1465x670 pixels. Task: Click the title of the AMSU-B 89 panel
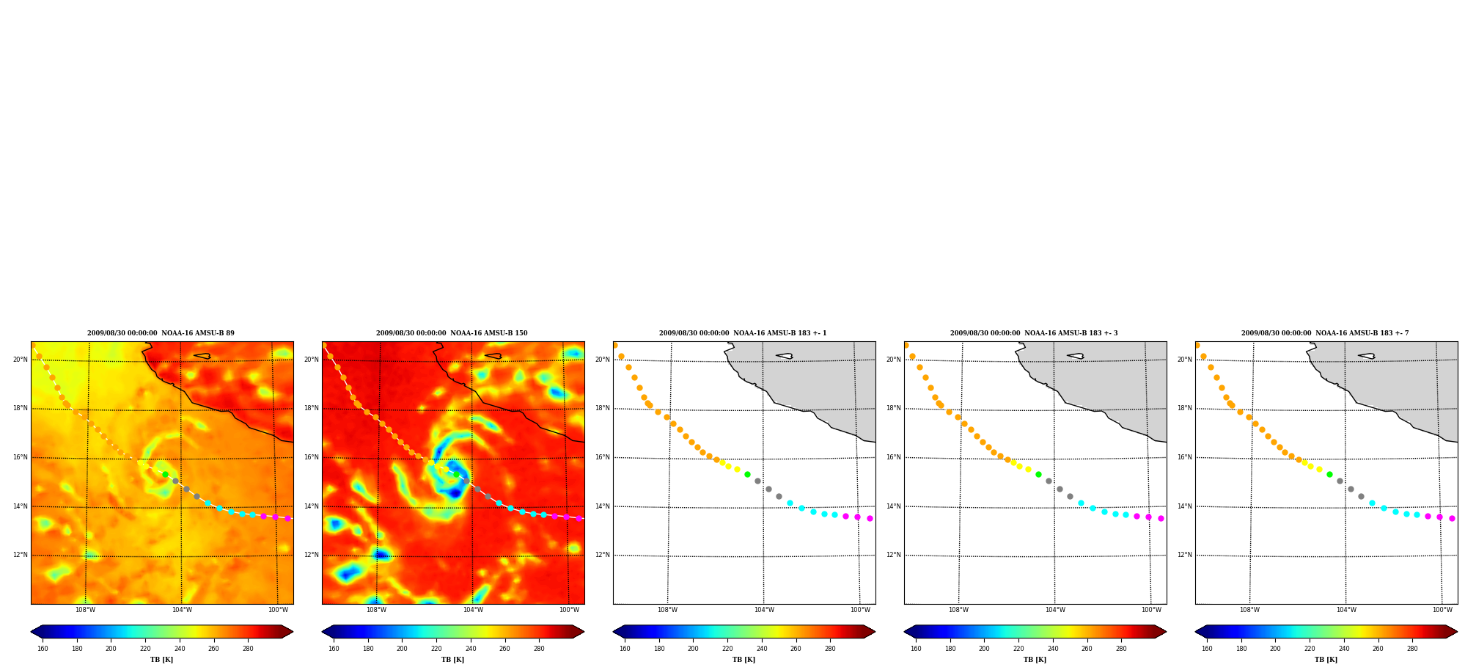tap(161, 333)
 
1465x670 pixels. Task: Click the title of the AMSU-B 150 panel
tap(452, 333)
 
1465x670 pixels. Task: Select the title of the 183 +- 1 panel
tap(743, 333)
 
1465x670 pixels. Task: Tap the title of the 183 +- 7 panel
tap(1325, 333)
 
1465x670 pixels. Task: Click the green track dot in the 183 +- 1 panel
tap(747, 474)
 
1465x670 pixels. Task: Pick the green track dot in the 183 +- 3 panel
tap(1038, 474)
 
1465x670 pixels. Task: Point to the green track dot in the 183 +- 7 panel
tap(1329, 474)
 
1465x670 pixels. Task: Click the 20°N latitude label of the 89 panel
tap(21, 360)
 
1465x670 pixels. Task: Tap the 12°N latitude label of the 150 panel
tap(312, 555)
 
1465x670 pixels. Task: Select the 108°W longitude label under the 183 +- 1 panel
tap(667, 610)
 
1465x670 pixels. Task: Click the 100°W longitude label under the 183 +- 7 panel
tap(1442, 610)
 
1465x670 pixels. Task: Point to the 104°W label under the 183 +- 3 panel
tap(1055, 610)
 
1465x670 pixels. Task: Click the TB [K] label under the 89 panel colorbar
tap(162, 660)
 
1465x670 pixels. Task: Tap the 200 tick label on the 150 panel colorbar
tap(402, 648)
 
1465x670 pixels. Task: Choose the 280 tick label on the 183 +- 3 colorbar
tap(1121, 648)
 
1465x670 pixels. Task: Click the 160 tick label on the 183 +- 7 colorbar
tap(1207, 648)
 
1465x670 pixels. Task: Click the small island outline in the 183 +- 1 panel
tap(785, 356)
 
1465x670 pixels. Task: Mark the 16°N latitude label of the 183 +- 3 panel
tap(894, 457)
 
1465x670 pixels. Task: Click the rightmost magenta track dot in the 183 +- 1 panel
tap(870, 518)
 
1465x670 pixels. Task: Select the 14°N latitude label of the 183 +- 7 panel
tap(1185, 506)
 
